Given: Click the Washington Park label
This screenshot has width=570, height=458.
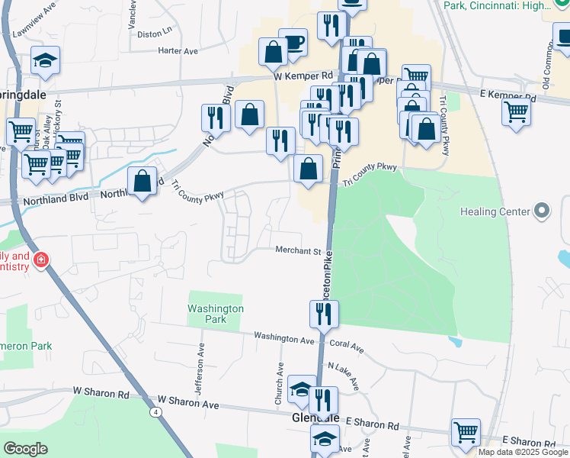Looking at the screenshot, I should (216, 314).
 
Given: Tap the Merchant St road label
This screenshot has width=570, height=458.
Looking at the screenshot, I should (298, 250).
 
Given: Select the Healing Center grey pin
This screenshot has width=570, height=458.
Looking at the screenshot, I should (542, 210).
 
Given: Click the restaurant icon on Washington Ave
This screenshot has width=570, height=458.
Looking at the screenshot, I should (324, 313).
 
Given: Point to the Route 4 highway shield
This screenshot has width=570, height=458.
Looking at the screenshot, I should (155, 412).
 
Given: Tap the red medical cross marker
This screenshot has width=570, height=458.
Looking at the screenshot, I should (40, 260).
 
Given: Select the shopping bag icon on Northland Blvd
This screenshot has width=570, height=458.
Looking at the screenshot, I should (142, 181).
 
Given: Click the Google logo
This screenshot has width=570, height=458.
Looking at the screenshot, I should (25, 449).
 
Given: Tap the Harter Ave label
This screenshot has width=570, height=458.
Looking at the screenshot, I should (177, 51).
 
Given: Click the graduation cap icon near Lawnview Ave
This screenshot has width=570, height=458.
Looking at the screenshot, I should (46, 60).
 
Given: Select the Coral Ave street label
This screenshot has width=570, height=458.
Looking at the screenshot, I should (347, 345).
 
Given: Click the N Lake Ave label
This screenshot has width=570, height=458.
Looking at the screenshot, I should (343, 376).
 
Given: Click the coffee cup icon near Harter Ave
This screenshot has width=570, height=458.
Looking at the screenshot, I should (293, 42).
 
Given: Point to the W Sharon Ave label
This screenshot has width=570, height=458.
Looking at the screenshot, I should (187, 401).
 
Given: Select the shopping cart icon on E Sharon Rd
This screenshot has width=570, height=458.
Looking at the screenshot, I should (465, 432).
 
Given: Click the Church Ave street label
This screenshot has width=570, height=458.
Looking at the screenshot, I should (280, 384).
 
